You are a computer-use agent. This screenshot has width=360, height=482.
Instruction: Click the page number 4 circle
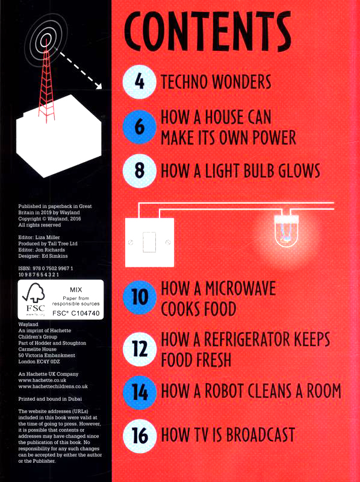pos(140,82)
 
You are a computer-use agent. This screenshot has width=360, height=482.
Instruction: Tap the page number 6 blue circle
pos(140,127)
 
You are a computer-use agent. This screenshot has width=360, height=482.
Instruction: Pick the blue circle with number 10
pos(140,298)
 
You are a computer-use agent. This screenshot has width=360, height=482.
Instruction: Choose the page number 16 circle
pos(140,435)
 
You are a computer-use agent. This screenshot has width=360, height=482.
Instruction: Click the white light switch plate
pos(149,242)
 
